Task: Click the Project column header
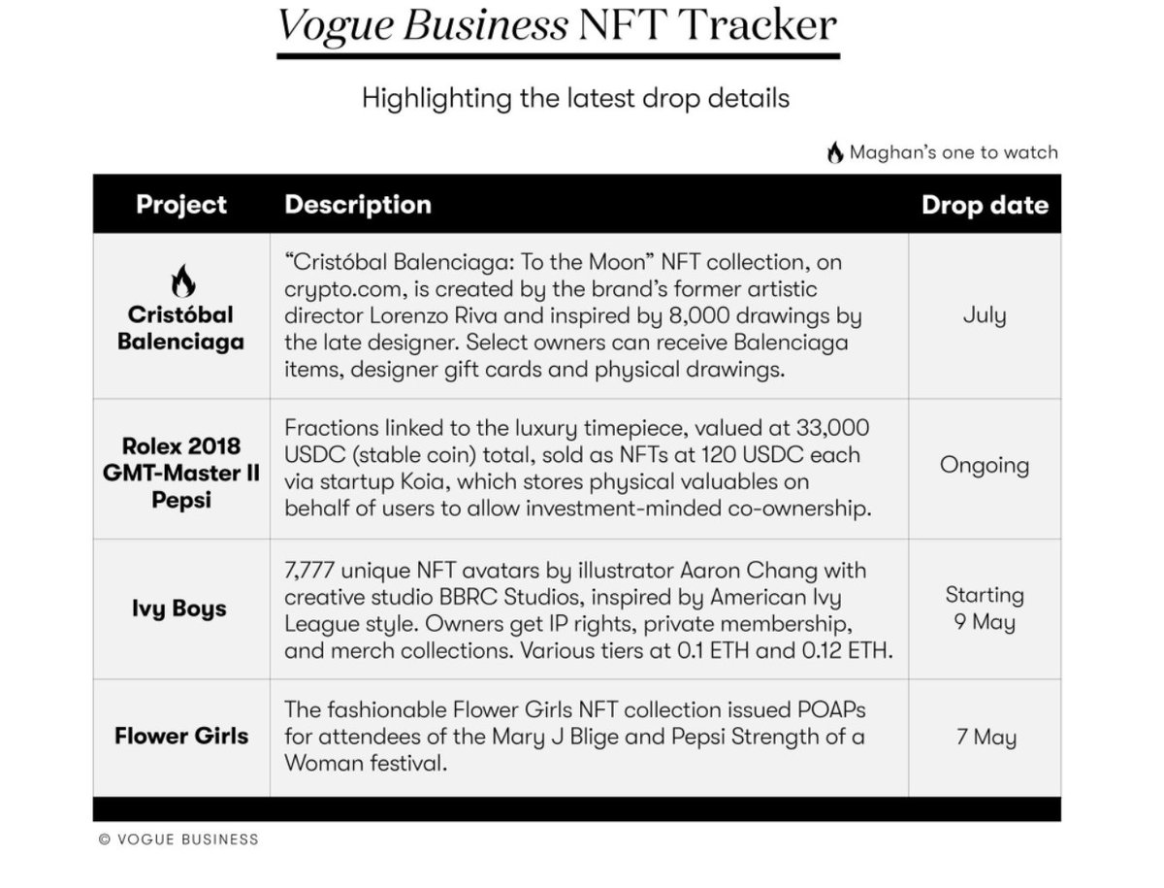(181, 205)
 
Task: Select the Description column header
(357, 205)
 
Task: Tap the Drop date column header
(984, 205)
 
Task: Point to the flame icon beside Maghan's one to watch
(834, 152)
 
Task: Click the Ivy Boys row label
(179, 608)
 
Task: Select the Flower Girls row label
(181, 736)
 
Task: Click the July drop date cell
(984, 315)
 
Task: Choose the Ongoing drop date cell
(984, 465)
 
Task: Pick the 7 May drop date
(984, 737)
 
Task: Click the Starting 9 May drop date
(984, 608)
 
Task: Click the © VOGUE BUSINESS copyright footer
(178, 839)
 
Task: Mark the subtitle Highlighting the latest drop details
(575, 98)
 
